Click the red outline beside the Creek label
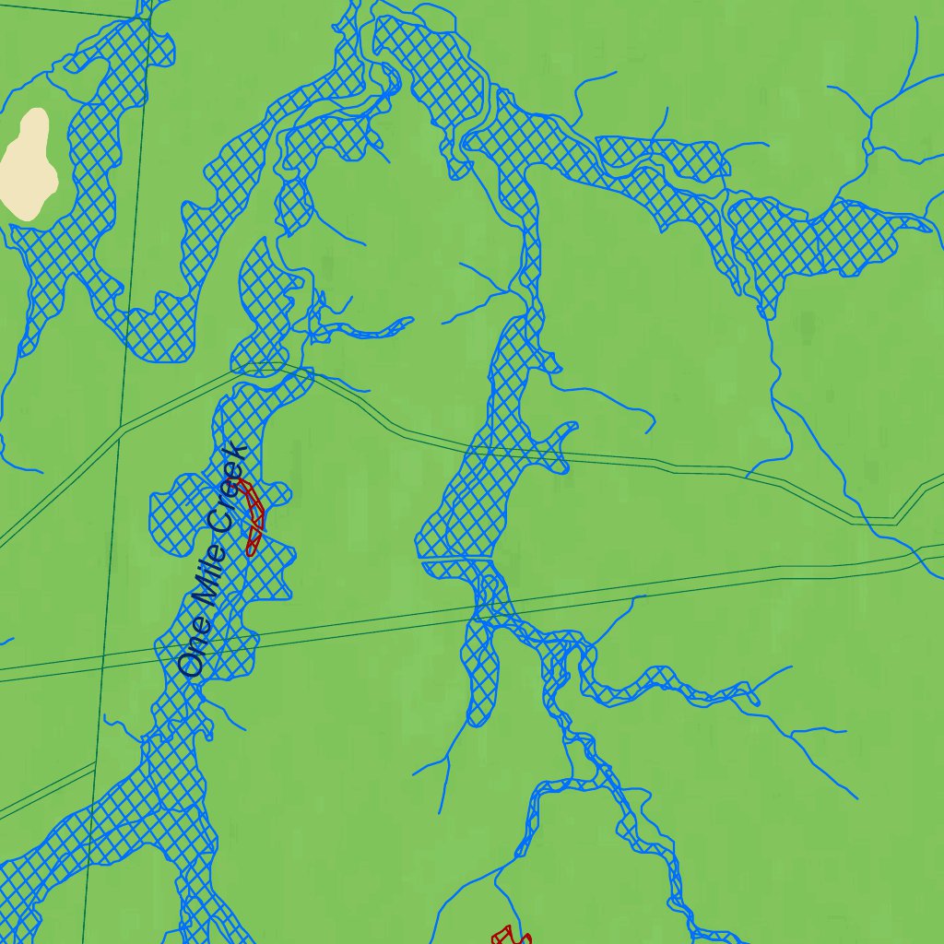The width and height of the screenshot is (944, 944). pos(254,516)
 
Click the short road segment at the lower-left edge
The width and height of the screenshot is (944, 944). pos(46,788)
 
